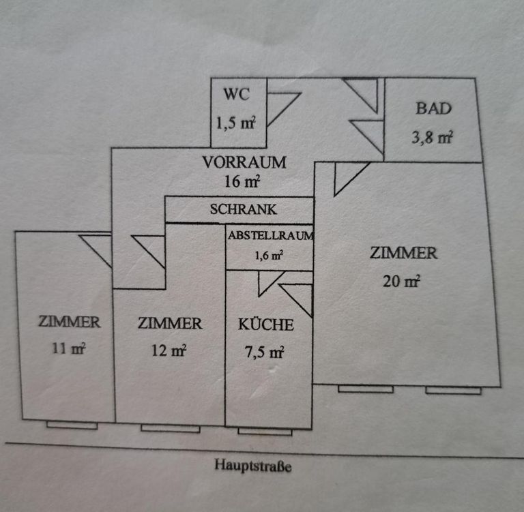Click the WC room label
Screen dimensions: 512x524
pos(235,94)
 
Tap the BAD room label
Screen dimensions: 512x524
pos(434,108)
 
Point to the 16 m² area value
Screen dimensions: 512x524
pos(242,182)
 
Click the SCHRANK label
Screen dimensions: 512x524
pos(244,210)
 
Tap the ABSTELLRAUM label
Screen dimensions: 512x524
pos(270,236)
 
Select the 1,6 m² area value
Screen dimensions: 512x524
pos(267,256)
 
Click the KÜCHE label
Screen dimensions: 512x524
pos(266,325)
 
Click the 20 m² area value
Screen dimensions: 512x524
pos(401,281)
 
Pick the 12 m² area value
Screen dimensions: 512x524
pos(169,351)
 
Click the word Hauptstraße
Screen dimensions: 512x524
pos(252,466)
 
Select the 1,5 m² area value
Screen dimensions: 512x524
pos(236,123)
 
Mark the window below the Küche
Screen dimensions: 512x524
pos(265,431)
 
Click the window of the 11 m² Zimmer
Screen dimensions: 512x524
pos(72,425)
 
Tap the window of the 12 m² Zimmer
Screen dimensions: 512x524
pos(171,428)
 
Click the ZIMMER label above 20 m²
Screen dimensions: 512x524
pos(403,254)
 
